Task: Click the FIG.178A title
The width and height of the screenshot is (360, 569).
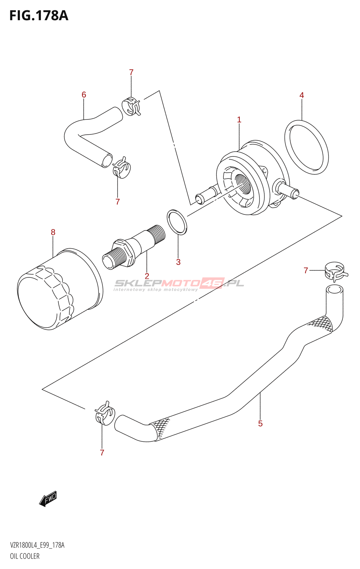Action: [x=38, y=16]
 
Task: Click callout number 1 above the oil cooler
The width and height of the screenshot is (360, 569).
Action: [x=239, y=120]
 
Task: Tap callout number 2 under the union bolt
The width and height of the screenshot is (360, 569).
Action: [x=147, y=276]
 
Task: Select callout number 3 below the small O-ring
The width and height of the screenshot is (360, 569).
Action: [x=178, y=262]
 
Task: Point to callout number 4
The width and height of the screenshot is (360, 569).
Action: [x=302, y=95]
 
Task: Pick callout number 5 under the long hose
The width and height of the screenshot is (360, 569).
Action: [x=260, y=424]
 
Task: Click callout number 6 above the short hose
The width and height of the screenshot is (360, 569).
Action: [x=84, y=95]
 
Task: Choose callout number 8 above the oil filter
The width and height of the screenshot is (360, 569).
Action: [x=53, y=232]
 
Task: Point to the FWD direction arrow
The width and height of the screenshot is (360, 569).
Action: [x=48, y=499]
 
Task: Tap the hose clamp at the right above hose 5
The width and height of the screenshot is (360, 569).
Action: [x=335, y=271]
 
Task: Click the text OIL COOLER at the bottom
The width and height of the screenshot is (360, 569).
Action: [x=25, y=556]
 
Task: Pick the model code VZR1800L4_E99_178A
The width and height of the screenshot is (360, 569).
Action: [x=37, y=545]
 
